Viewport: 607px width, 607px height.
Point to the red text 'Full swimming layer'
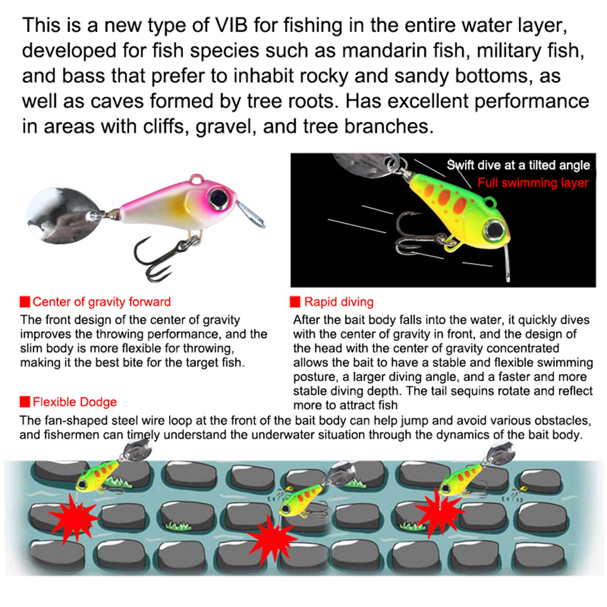click(x=532, y=183)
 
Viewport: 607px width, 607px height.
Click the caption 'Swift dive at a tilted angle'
click(x=518, y=165)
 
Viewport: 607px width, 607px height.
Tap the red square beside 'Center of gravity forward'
click(x=25, y=302)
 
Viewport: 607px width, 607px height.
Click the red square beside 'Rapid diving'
click(x=295, y=302)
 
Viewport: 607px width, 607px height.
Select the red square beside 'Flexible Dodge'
click(x=25, y=402)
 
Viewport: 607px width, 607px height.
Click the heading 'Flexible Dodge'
click(x=75, y=402)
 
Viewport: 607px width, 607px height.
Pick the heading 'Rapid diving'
click(x=339, y=302)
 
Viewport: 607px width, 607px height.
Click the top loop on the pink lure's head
click(x=197, y=179)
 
